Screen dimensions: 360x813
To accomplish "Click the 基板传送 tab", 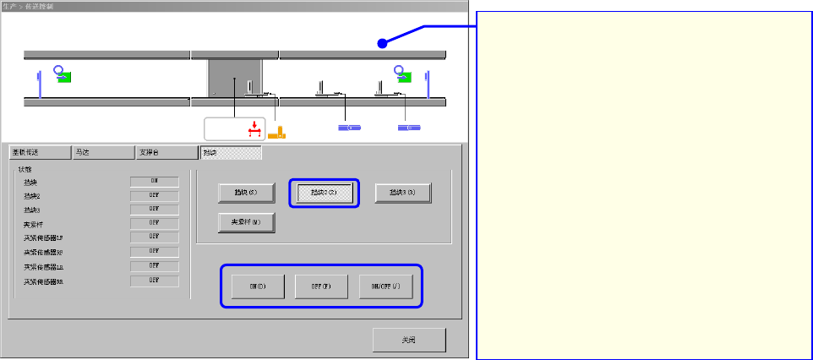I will click(x=38, y=153).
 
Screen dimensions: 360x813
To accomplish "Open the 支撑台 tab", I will click(x=166, y=153).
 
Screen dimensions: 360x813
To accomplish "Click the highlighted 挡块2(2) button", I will click(x=324, y=193).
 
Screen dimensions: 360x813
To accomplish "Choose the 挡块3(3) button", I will click(x=403, y=193).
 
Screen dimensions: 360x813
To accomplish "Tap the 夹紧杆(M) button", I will click(x=247, y=223).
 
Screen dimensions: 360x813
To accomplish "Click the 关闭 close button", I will click(x=409, y=340).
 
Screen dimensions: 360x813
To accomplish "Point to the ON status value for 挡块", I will click(x=155, y=181).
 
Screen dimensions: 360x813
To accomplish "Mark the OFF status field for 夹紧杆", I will click(x=155, y=223).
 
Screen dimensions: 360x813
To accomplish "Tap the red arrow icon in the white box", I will click(x=252, y=128).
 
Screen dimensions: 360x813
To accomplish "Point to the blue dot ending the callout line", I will click(x=382, y=43).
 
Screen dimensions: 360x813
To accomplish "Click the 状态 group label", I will click(x=25, y=169).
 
